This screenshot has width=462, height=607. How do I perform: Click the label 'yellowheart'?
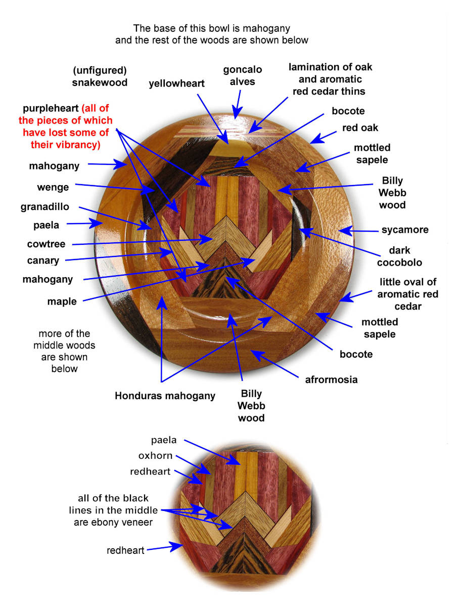coord(176,83)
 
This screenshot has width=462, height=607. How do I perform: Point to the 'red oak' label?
coord(360,127)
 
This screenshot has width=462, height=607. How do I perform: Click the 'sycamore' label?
coord(405,230)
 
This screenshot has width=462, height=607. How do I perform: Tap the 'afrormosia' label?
coord(331,379)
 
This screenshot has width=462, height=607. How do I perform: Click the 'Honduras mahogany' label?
coord(165,396)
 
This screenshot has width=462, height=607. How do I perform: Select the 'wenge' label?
coord(53,188)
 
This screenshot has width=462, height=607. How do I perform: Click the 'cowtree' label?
coord(46,244)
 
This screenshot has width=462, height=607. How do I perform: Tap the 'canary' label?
coord(43,261)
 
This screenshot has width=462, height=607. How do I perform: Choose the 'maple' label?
coord(62,302)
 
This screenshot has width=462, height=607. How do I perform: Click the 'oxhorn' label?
coord(155,456)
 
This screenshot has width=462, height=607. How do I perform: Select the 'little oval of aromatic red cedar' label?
coord(408,294)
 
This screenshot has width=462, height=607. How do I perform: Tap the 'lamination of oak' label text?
coord(330,67)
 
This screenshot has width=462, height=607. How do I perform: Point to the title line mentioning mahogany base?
coord(211,28)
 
